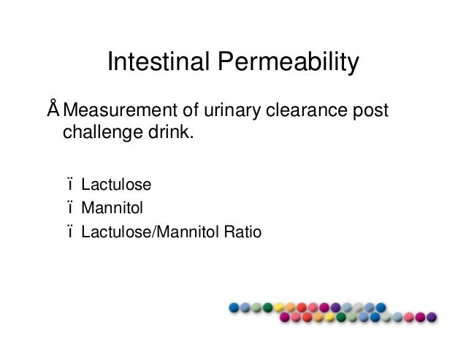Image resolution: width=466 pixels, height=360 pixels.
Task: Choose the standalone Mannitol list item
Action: (112, 207)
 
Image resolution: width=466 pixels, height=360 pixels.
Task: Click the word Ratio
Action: (242, 233)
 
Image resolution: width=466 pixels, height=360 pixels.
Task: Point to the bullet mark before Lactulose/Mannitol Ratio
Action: (71, 233)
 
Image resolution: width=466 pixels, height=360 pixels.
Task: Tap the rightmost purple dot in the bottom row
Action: (432, 318)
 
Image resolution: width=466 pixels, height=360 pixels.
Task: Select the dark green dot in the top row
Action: (269, 307)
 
